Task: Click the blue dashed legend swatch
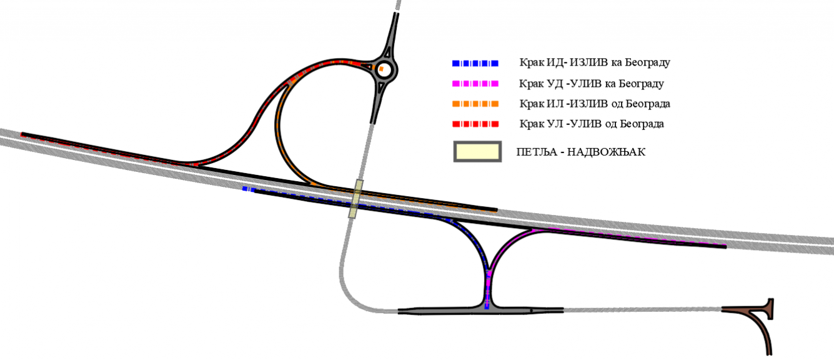475,63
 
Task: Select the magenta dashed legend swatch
475,84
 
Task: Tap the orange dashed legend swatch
475,104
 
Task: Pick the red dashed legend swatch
475,124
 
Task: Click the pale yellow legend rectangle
477,152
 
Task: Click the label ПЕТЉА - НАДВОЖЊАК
581,152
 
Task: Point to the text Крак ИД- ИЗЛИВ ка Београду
595,62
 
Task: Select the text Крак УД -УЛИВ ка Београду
591,84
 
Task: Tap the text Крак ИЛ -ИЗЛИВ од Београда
595,104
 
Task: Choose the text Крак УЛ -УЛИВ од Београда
591,124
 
